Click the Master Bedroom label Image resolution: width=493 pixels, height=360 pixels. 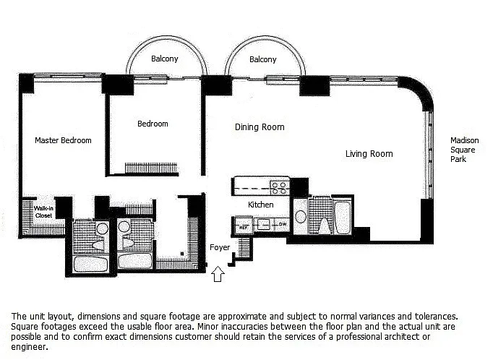click(x=63, y=140)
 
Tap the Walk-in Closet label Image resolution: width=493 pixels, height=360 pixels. click(x=43, y=212)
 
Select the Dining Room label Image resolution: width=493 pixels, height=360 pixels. click(x=260, y=127)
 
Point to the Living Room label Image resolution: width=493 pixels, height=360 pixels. click(x=369, y=154)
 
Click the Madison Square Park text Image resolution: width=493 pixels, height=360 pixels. click(x=464, y=150)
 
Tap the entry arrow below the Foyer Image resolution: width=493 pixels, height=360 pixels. click(x=218, y=274)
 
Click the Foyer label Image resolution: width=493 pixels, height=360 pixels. click(x=220, y=248)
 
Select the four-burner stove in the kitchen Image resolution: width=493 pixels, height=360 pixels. click(x=280, y=187)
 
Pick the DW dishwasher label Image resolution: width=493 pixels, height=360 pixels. click(x=283, y=225)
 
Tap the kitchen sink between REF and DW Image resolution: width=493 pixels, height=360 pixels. click(x=263, y=225)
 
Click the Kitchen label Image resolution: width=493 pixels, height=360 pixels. click(x=261, y=205)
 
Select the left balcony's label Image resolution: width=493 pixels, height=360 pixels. click(x=164, y=59)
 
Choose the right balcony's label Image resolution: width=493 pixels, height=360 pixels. click(x=263, y=59)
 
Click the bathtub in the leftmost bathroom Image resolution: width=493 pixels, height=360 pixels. click(x=90, y=264)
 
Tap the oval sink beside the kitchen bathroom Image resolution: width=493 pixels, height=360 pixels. click(x=301, y=217)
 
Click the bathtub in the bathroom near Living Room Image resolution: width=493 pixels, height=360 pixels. click(x=343, y=218)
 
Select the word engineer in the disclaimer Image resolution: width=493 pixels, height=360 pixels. click(x=29, y=348)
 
